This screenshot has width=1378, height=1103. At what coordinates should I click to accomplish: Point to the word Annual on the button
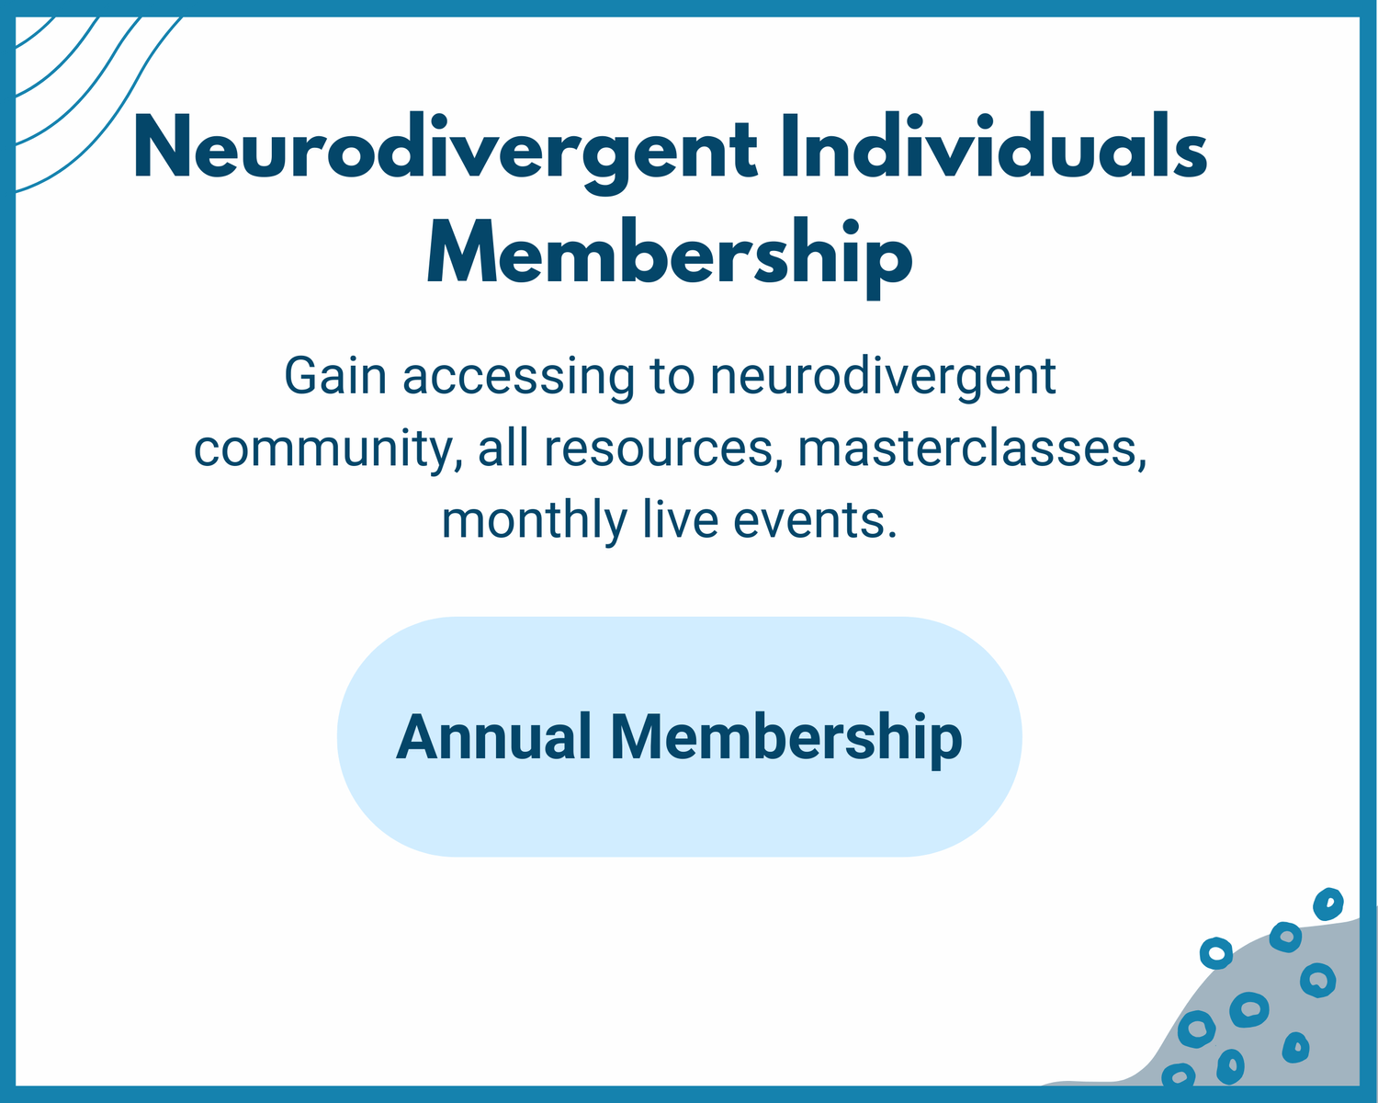coord(493,737)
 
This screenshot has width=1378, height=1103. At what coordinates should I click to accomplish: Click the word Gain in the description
coord(335,376)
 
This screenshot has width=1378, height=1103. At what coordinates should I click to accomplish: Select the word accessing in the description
coord(518,377)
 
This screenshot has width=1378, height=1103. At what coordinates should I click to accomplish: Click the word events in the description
coord(814,519)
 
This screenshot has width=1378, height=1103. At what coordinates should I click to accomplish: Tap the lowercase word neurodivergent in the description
coord(883,377)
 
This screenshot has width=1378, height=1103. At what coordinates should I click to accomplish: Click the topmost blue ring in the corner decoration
coord(1327,904)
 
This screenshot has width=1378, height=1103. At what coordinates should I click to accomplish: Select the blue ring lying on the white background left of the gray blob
coord(1216,952)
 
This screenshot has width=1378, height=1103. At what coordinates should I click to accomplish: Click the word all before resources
coord(503,449)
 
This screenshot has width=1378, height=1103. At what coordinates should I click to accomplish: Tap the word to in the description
coord(672,377)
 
